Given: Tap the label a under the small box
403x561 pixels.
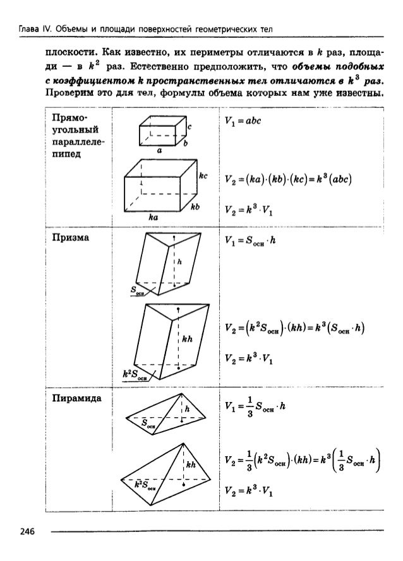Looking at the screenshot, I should click(x=160, y=151).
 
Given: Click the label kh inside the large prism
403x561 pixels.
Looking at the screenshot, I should click(x=187, y=340).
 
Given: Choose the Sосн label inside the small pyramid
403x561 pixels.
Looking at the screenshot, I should click(x=149, y=423).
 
